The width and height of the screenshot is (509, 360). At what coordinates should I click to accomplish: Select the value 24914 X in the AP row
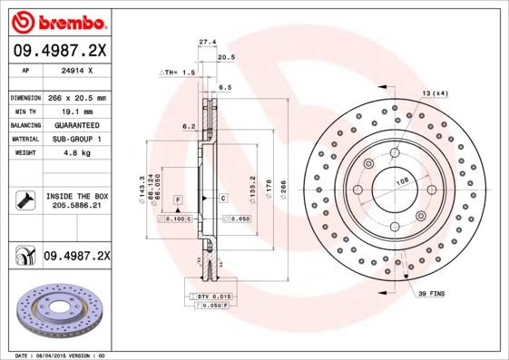tap(74, 70)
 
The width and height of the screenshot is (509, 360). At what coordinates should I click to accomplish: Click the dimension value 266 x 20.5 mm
tap(76, 97)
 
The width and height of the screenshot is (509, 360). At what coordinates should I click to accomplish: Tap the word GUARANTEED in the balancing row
tap(76, 125)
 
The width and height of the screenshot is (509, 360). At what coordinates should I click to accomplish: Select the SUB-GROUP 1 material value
tap(76, 139)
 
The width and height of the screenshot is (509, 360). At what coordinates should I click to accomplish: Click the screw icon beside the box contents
tap(24, 200)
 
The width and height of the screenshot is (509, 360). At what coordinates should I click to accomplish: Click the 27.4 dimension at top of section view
tap(207, 41)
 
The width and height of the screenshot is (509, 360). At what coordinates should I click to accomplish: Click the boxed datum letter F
tap(179, 198)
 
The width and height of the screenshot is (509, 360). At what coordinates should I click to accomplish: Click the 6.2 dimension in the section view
tap(190, 126)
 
